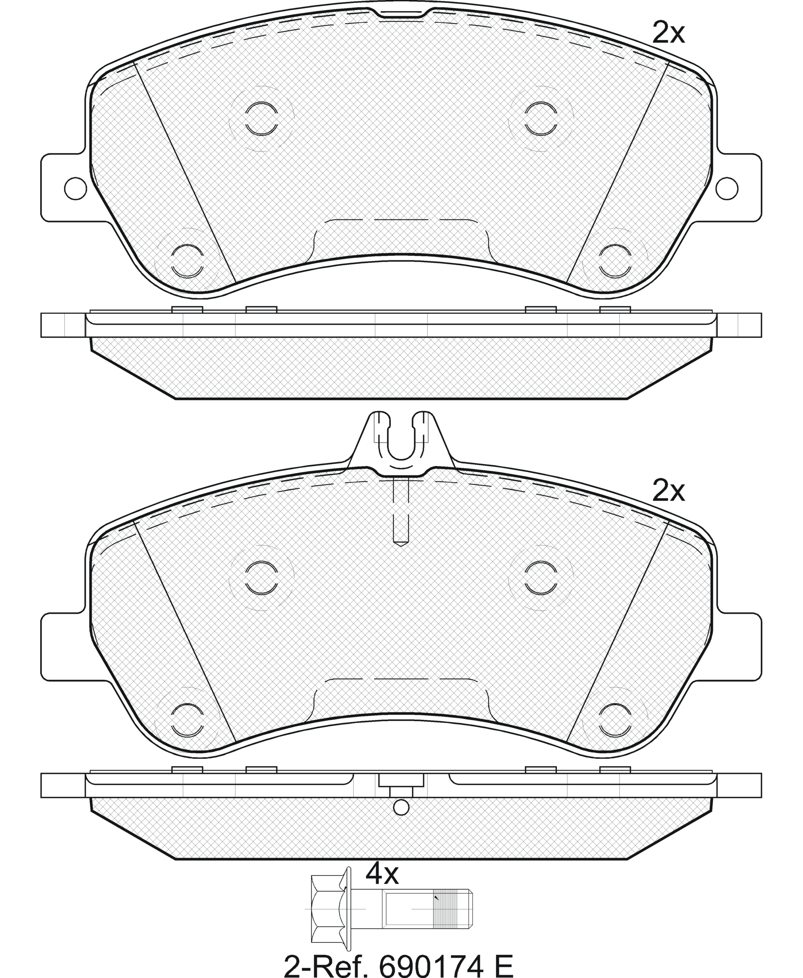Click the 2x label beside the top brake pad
point(668,32)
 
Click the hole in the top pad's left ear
point(75,188)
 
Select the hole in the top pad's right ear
point(727,188)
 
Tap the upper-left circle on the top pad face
point(262,119)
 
